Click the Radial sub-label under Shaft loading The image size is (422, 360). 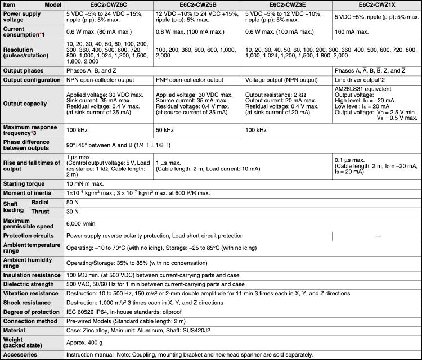click(40, 202)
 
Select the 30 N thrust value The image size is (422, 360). click(73, 211)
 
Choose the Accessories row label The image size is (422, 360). click(20, 355)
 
